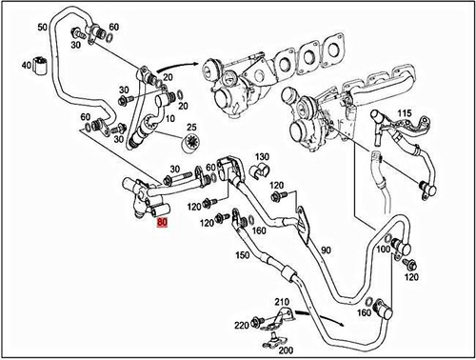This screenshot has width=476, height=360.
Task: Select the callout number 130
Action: tap(263, 155)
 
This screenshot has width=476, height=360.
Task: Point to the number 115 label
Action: tap(405, 113)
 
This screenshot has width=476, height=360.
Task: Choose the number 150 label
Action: tap(242, 254)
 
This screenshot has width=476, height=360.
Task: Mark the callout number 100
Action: tap(382, 249)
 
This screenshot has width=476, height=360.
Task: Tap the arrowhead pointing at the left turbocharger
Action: tap(204, 65)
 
